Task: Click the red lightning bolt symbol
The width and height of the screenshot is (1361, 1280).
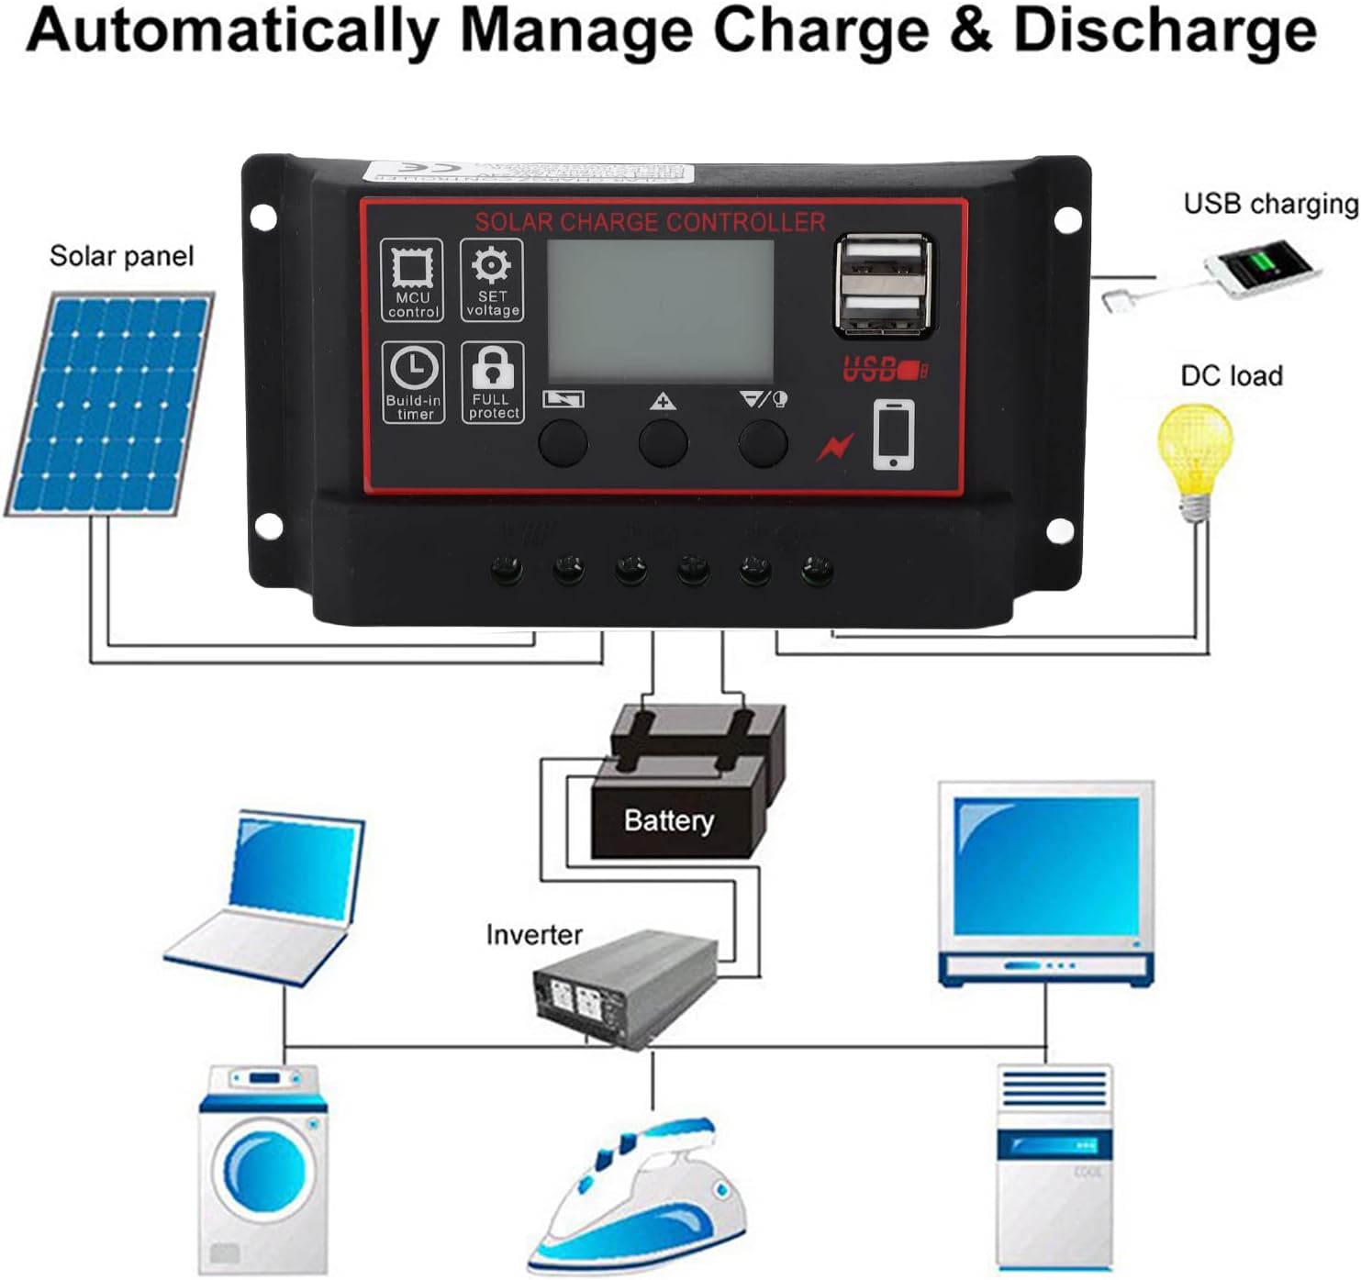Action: pos(835,447)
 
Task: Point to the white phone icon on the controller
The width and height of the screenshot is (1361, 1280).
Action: pos(893,434)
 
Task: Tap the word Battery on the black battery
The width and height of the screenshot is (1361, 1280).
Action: pos(668,819)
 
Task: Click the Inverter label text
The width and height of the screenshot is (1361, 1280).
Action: pos(533,935)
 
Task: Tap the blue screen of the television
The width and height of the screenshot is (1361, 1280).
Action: pos(1045,867)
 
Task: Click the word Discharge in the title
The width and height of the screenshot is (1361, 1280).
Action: pos(1164,30)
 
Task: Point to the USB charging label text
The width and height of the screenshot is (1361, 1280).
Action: pos(1270,204)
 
